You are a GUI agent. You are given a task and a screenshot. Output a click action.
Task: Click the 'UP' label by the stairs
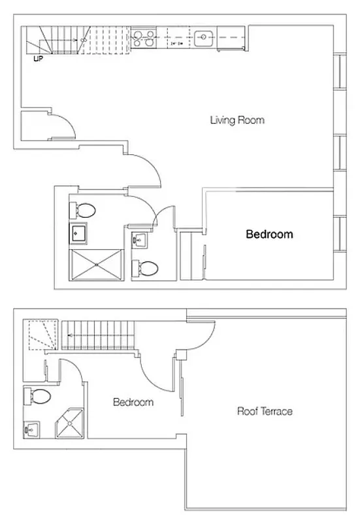coord(39,58)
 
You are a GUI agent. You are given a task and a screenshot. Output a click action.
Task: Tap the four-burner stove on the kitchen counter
coord(144,39)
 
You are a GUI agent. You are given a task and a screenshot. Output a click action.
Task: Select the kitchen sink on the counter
coord(205,37)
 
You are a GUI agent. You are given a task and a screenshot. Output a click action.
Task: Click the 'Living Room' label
coord(237,120)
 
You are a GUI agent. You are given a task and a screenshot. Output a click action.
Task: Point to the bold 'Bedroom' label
coord(269,234)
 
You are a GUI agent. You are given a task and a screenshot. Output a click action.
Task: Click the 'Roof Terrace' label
coord(264,411)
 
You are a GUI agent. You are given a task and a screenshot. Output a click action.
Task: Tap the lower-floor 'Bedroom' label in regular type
coord(133,402)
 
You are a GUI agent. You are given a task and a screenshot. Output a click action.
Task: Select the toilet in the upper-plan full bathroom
coord(84,211)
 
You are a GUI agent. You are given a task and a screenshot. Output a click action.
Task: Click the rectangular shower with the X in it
coord(97,265)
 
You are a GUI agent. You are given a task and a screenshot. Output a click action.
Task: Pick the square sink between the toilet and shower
coord(80,233)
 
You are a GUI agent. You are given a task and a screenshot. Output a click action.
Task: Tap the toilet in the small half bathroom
coord(145,269)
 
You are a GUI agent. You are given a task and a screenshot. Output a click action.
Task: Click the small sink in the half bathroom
coord(139,240)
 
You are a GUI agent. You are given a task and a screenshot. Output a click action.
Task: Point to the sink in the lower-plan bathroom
coord(31,430)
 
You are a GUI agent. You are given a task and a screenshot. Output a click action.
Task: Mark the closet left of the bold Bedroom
coord(192,256)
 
